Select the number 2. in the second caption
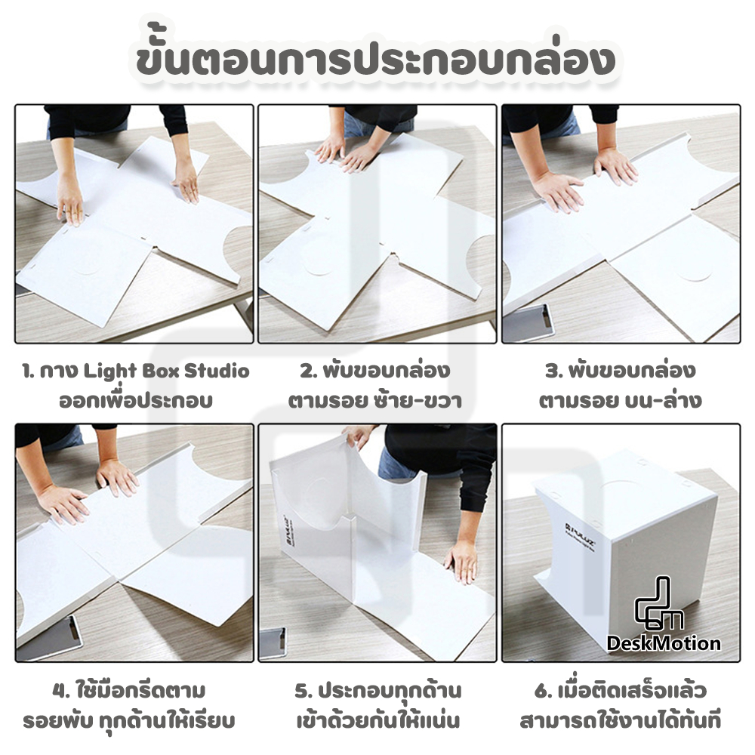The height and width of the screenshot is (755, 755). (x=307, y=371)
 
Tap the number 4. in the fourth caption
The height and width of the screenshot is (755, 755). (x=63, y=691)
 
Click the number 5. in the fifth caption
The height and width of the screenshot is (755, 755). (x=303, y=691)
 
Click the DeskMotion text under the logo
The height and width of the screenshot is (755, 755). (x=664, y=643)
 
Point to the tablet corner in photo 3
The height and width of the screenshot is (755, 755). (x=538, y=321)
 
